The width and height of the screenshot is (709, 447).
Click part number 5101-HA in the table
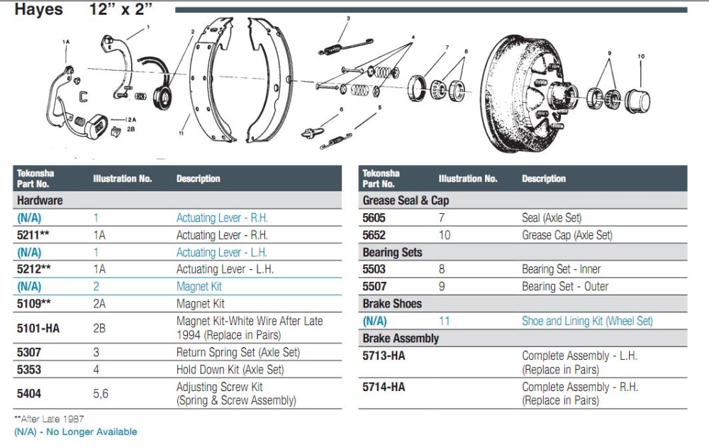pos(38,328)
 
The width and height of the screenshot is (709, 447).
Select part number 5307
pos(29,352)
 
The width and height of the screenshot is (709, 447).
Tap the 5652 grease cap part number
pos(374,235)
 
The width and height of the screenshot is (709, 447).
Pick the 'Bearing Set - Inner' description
pos(561,269)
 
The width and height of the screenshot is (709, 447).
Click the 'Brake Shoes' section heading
pos(392,304)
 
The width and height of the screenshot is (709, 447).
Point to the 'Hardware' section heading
pos(40,200)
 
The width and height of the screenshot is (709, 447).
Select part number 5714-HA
pos(384,387)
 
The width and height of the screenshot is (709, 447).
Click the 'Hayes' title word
pos(38,9)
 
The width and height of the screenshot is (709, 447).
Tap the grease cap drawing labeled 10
pos(637,101)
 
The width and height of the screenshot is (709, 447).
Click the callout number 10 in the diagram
pos(641,57)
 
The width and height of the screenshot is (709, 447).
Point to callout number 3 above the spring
pos(348,18)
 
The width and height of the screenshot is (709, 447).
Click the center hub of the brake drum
pos(562,96)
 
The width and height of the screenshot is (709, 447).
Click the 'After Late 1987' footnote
pos(49,419)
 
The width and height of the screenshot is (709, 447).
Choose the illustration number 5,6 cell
pos(101,394)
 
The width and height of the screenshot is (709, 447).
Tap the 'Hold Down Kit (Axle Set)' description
pos(230,370)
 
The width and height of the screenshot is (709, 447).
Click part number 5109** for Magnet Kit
pos(34,304)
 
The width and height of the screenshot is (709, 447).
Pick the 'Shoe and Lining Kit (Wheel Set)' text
pos(587,322)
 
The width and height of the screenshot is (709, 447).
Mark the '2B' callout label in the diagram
pos(130,129)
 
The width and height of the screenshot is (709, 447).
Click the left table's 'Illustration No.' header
pos(123,179)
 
